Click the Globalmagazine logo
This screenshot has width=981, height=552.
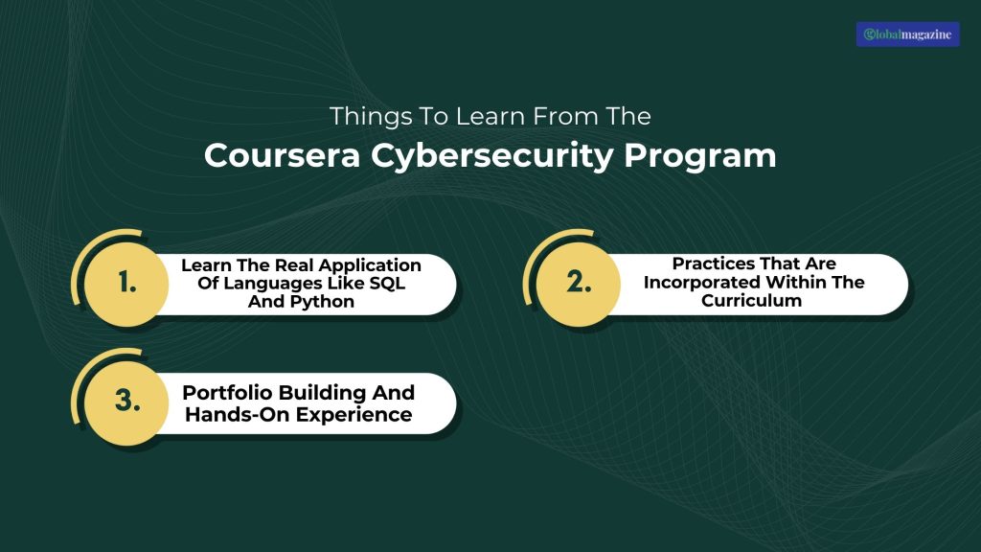(x=907, y=34)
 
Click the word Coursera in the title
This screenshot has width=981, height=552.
(x=283, y=155)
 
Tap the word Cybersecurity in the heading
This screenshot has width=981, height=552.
(x=492, y=156)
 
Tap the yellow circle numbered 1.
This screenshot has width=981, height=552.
(x=126, y=284)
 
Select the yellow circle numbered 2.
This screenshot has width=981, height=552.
(x=578, y=284)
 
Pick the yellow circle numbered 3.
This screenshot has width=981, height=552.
(x=126, y=402)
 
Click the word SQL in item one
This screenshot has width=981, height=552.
(x=387, y=283)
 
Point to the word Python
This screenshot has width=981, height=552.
(x=324, y=302)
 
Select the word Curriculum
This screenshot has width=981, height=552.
(x=751, y=300)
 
